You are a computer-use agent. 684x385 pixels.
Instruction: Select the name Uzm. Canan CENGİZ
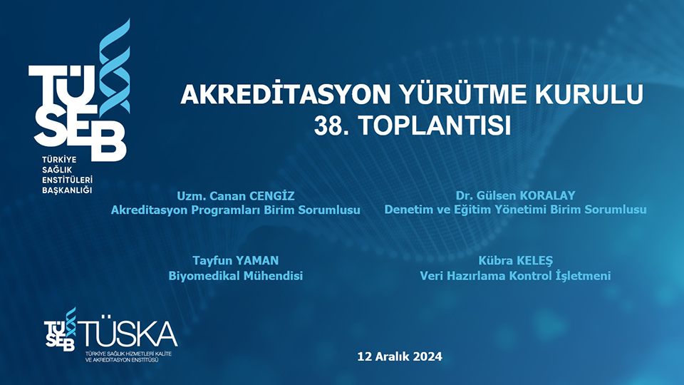(235, 195)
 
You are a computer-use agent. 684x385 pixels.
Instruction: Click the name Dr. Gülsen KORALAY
(515, 195)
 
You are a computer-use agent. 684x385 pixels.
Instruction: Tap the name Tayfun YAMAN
(235, 261)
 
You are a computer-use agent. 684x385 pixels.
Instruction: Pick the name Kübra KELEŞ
(515, 261)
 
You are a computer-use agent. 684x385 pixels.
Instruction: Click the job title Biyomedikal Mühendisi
(235, 276)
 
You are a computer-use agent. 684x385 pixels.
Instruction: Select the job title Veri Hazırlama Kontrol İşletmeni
(515, 276)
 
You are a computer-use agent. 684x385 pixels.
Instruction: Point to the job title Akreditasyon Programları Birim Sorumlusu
(235, 210)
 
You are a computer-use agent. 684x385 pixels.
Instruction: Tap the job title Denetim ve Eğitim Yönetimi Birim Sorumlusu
(515, 210)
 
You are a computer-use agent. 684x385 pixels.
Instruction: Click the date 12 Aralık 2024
(400, 356)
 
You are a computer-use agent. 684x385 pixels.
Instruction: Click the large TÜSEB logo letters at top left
(71, 111)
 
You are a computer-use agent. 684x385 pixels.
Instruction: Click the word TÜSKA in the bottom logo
(128, 333)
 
